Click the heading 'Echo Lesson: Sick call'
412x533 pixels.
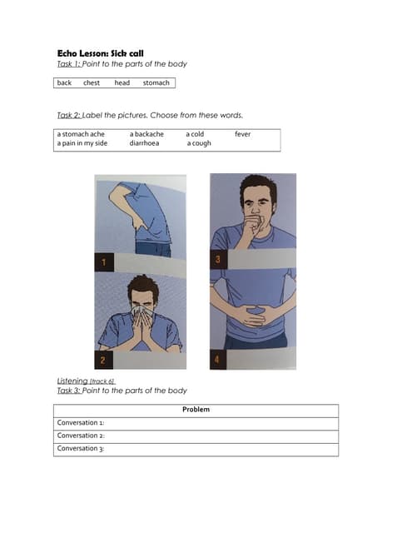click(x=101, y=53)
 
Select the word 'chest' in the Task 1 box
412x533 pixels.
click(x=92, y=82)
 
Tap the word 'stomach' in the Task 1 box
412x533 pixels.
click(x=156, y=82)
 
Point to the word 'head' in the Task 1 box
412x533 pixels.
click(x=122, y=82)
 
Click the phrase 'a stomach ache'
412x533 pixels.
click(x=81, y=134)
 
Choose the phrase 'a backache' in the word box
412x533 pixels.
click(x=146, y=134)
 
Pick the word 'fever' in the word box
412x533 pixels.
click(x=242, y=134)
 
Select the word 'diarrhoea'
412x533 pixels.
click(x=144, y=143)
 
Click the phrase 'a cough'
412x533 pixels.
click(x=199, y=143)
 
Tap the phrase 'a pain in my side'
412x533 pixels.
click(x=82, y=143)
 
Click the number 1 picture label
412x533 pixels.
click(x=103, y=262)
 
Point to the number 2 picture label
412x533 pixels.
click(x=103, y=360)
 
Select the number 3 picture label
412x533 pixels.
click(x=218, y=260)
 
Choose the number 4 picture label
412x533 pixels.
click(x=218, y=360)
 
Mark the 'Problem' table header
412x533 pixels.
click(x=196, y=409)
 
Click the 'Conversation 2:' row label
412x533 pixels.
click(x=81, y=436)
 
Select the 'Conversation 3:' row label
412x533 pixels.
click(x=81, y=448)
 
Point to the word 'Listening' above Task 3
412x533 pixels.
click(x=72, y=381)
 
